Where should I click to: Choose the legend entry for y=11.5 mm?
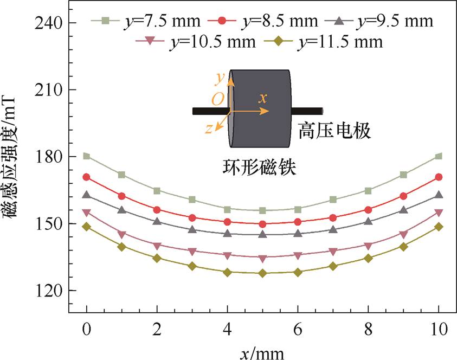(331, 41)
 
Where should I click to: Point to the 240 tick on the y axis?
(48, 23)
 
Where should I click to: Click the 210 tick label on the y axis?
(48, 90)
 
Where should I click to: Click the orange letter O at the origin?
(217, 99)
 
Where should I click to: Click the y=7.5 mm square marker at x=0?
(87, 156)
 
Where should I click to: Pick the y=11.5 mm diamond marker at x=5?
(262, 273)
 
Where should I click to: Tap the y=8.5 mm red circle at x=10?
(439, 177)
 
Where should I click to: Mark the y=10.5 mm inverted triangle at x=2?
(157, 246)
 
